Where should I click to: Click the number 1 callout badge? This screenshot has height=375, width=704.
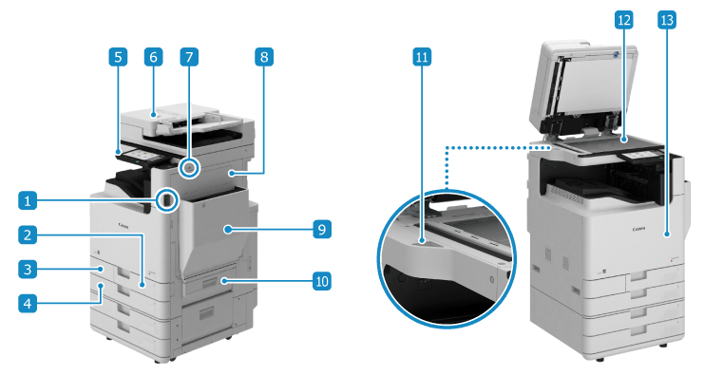coord(28,200)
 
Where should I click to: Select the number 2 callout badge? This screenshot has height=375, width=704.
coord(28,234)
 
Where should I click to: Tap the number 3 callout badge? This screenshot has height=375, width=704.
coord(28,269)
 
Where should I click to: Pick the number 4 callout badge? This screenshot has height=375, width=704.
coord(28,303)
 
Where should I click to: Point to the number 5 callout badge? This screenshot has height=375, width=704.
coord(118,57)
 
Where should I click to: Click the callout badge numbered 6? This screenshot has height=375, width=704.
coord(154,57)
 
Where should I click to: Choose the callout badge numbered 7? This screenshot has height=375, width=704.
coord(189,57)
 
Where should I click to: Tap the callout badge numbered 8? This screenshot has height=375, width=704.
coord(264,57)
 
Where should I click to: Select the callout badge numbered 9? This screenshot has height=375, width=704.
coord(322,229)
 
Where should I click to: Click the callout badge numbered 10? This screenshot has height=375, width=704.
coord(322,281)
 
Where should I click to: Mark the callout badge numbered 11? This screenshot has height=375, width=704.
coord(422,57)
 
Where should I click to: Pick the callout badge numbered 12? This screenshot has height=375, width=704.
coord(624,20)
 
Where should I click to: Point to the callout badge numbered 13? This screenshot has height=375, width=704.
coord(667,20)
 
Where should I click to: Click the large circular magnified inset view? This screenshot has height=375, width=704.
coord(447,259)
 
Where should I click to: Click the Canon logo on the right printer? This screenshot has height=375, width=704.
coord(638,229)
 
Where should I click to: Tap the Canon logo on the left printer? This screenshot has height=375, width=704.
coord(124,225)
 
